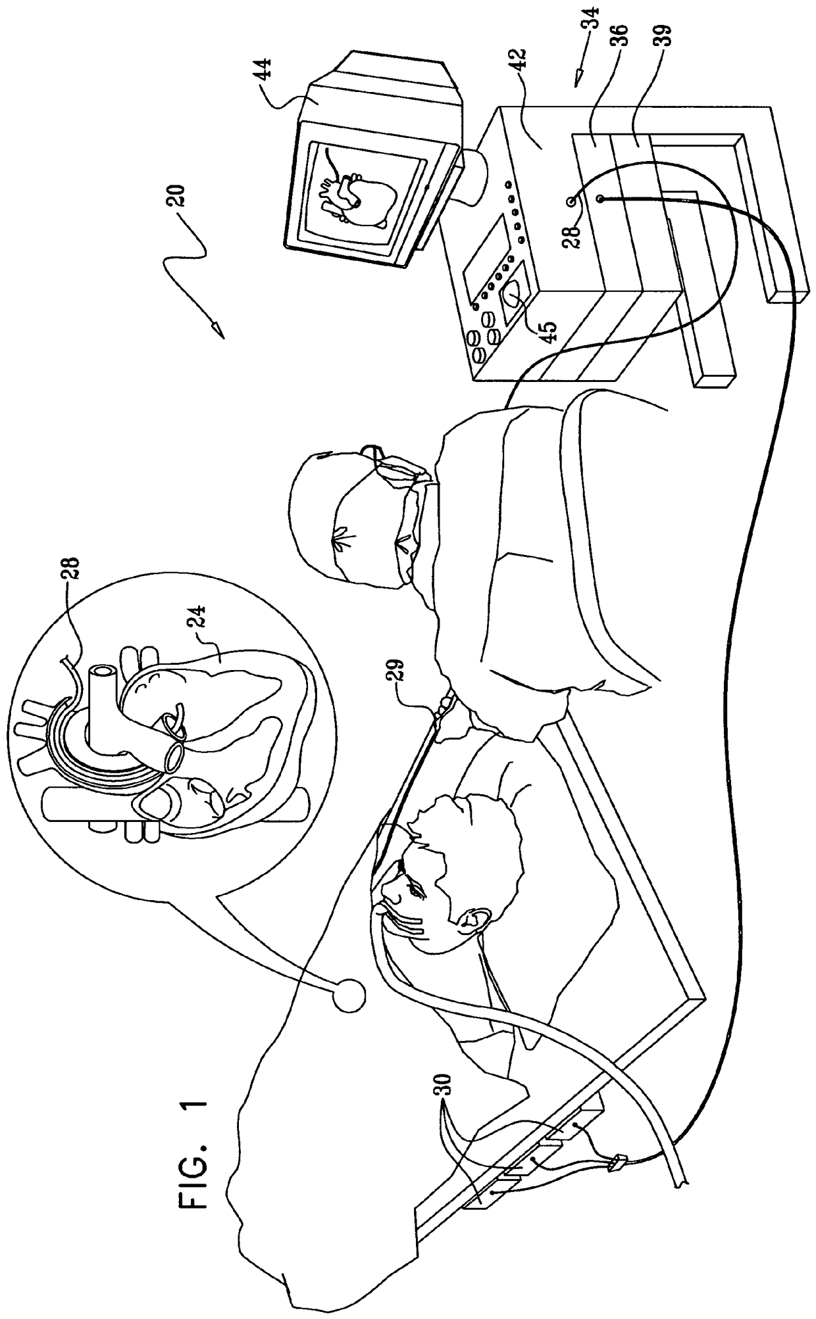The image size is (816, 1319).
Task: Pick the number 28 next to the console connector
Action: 567,231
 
